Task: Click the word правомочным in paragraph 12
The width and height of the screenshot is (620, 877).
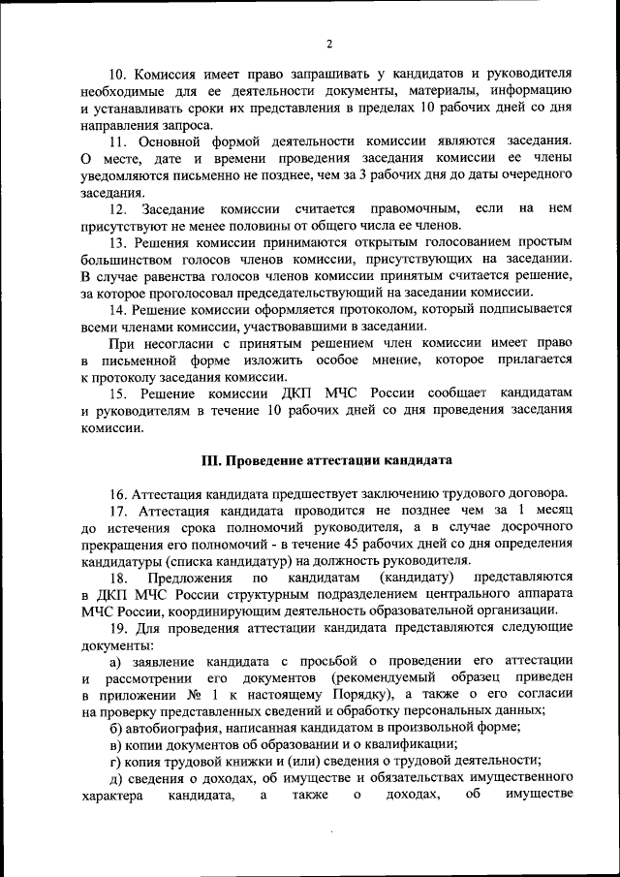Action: [412, 209]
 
